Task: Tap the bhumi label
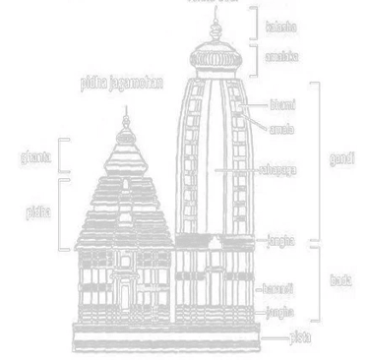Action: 282,103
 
